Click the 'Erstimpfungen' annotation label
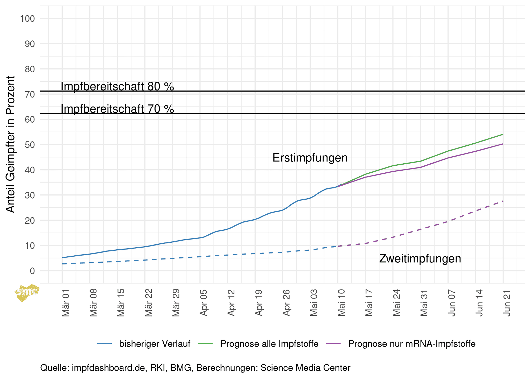click(310, 158)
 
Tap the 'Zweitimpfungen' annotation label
click(420, 259)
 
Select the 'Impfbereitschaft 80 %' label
click(117, 87)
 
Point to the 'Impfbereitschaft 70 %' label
click(117, 109)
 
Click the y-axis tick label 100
click(27, 19)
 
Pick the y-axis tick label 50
click(30, 145)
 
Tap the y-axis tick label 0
click(32, 271)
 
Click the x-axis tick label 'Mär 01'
click(66, 303)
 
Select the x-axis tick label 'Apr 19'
click(259, 303)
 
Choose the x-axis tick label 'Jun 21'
click(507, 303)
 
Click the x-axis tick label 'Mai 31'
click(424, 303)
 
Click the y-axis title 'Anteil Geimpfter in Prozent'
click(10, 144)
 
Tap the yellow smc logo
click(27, 292)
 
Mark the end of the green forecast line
click(503, 134)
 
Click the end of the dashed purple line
click(503, 201)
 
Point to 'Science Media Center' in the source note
click(305, 368)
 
